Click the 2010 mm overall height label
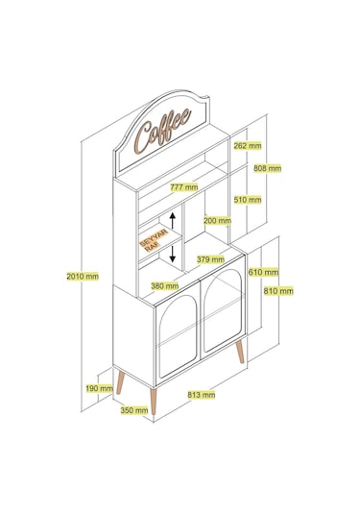click(83, 277)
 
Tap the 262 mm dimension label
click(248, 145)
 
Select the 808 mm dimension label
click(267, 168)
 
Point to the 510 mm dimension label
click(248, 199)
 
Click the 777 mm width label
click(184, 187)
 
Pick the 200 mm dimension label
click(217, 221)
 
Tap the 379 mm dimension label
click(210, 259)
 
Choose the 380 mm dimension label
click(165, 286)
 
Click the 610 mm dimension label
click(263, 272)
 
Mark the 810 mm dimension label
click(278, 291)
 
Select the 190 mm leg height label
click(99, 388)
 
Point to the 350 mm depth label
click(134, 410)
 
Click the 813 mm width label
click(202, 395)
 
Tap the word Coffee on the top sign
click(163, 131)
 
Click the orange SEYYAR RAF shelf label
click(155, 240)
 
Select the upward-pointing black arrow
click(173, 220)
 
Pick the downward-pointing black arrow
click(173, 254)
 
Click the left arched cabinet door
click(178, 337)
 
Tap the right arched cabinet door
click(223, 311)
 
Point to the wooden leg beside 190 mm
click(121, 381)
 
